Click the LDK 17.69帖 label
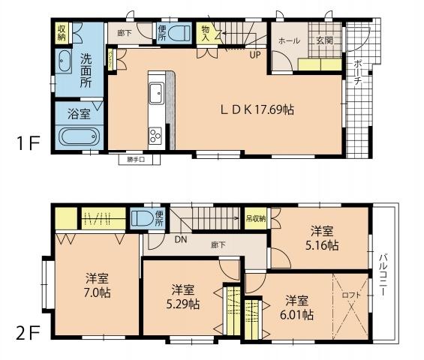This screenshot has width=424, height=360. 257,109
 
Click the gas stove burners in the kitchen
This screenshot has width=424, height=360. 157,135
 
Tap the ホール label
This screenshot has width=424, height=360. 289,40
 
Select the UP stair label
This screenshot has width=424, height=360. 255,53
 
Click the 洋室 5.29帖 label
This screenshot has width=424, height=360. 184,296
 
